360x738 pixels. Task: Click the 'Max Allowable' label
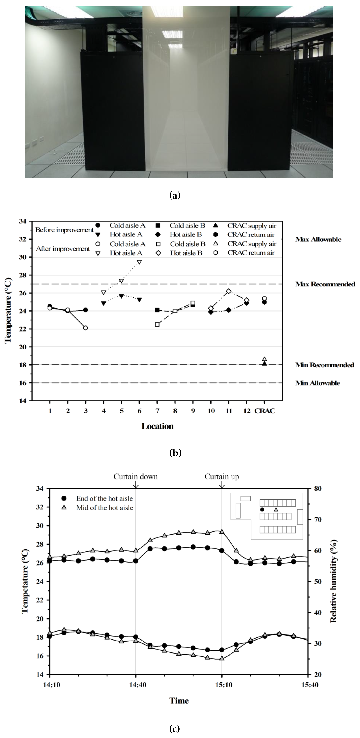tap(318, 239)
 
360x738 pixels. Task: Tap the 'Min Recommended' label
tap(324, 365)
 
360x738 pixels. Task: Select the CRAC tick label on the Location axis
tap(265, 411)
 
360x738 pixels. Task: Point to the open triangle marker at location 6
tap(140, 262)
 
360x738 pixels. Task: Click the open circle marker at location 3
tap(85, 328)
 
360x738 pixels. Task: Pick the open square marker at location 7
tap(157, 324)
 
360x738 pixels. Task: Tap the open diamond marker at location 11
tap(229, 291)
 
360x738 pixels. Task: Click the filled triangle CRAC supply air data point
tap(264, 363)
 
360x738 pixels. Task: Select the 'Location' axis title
tap(157, 426)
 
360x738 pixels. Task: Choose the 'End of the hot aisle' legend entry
tap(104, 498)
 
